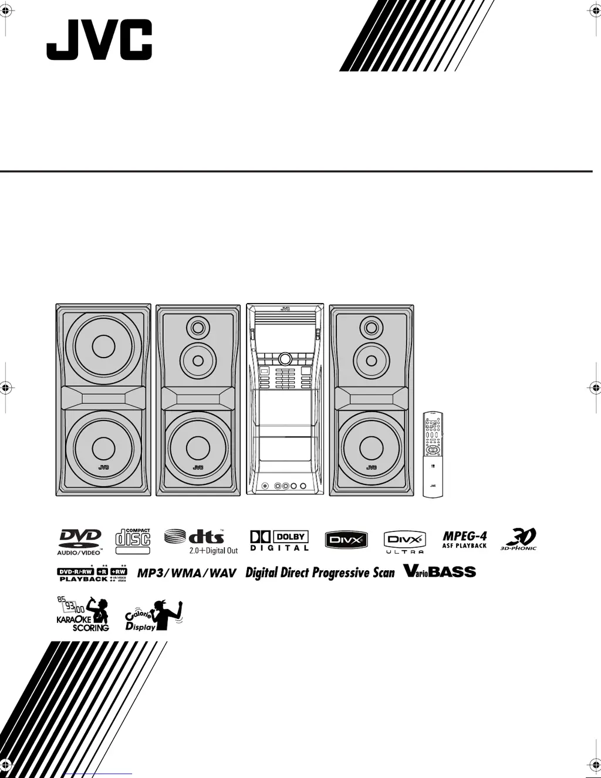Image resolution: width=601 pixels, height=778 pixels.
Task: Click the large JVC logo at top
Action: pyautogui.click(x=99, y=40)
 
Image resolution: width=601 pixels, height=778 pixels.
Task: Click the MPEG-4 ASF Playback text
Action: pyautogui.click(x=464, y=540)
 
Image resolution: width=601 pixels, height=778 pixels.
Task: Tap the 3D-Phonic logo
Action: pyautogui.click(x=518, y=539)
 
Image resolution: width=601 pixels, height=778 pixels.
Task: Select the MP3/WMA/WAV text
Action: pyautogui.click(x=187, y=573)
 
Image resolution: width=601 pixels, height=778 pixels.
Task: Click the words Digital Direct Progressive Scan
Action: pyautogui.click(x=320, y=572)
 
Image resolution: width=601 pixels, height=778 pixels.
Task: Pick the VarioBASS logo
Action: pyautogui.click(x=440, y=571)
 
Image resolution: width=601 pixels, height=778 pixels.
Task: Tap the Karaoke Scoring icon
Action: pyautogui.click(x=83, y=614)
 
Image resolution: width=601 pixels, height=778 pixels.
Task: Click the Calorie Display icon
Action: pyautogui.click(x=154, y=615)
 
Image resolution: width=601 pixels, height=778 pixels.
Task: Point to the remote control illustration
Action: pyautogui.click(x=433, y=454)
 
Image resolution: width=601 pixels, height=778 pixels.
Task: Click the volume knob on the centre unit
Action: pyautogui.click(x=285, y=358)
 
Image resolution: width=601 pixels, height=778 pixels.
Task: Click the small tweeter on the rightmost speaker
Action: pyautogui.click(x=371, y=327)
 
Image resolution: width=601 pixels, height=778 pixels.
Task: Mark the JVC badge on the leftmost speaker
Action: pyautogui.click(x=103, y=467)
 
